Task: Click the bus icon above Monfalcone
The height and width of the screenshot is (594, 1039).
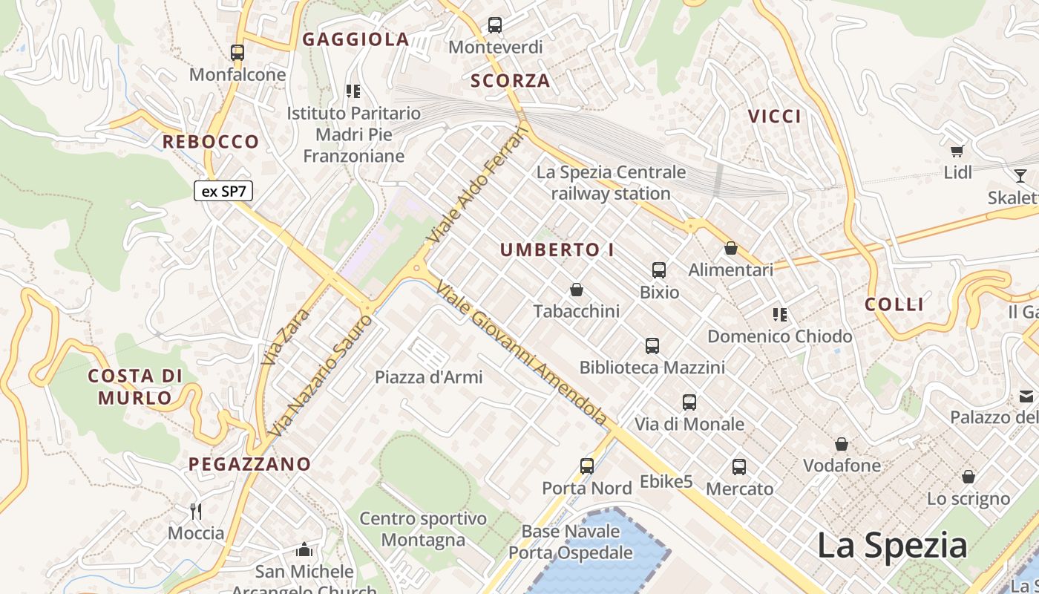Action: pos(237,53)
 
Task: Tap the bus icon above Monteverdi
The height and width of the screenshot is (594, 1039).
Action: pos(495,25)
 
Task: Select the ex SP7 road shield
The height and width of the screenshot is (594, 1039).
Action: pos(223,191)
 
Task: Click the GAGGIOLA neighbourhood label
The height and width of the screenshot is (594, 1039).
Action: pos(355,39)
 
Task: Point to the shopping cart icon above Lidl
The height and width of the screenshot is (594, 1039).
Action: pos(957,151)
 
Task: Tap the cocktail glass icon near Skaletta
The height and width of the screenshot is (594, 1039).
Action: pos(1020,176)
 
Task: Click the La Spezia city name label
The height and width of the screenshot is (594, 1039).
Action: pos(892,546)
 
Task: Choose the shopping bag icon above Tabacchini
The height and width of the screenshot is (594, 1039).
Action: pos(577,289)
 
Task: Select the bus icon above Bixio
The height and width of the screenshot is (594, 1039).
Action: pos(659,270)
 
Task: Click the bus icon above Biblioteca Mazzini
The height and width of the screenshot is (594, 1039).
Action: pos(652,345)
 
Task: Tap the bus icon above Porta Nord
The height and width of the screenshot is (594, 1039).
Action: pos(587,466)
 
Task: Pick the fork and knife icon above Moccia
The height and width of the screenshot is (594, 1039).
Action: pos(196,511)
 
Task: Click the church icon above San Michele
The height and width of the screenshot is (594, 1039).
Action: pos(304,549)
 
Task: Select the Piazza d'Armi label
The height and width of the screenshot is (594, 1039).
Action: pos(429,377)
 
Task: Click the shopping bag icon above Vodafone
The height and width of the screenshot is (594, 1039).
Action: pos(842,444)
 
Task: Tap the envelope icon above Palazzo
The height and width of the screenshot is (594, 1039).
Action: pos(1027,396)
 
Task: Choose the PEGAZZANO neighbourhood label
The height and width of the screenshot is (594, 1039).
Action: pos(249,464)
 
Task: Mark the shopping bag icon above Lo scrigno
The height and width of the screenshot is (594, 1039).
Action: pos(968,477)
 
